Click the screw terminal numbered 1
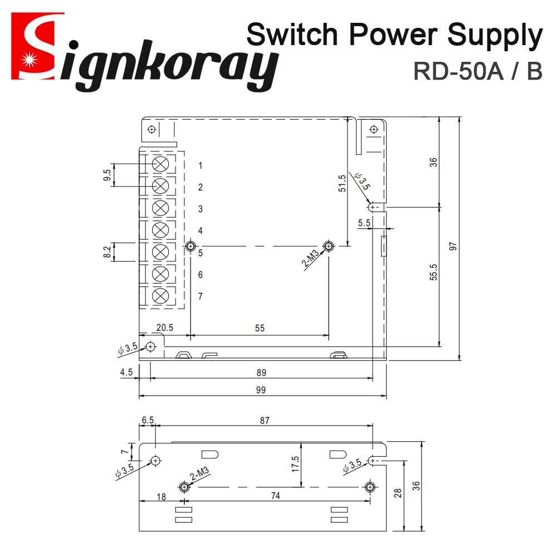[x=160, y=164]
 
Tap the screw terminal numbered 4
[x=160, y=229]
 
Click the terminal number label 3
[x=201, y=209]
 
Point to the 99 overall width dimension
[x=261, y=390]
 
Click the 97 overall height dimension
[x=453, y=246]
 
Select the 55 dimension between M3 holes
[x=260, y=329]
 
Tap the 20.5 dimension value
[x=165, y=328]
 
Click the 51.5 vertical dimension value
[x=342, y=183]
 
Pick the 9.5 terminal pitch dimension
[x=107, y=175]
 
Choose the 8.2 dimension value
[x=107, y=252]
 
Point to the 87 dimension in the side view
[x=264, y=421]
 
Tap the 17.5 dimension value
[x=295, y=465]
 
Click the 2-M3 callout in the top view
[x=311, y=260]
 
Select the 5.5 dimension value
[x=365, y=223]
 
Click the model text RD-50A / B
[x=477, y=71]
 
